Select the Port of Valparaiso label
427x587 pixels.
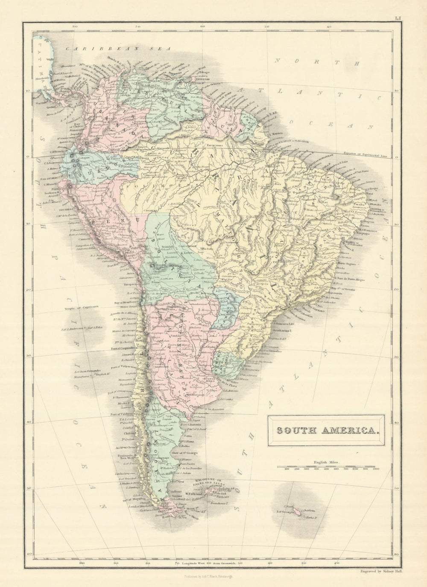click(x=128, y=366)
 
